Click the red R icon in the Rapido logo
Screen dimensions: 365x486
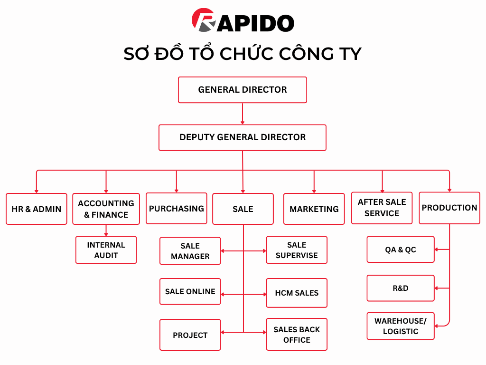[202, 21]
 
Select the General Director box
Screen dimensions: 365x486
[242, 90]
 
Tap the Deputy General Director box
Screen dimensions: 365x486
[242, 137]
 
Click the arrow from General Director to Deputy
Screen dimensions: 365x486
[242, 114]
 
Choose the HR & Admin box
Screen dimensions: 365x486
[36, 209]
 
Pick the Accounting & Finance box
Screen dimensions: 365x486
[106, 209]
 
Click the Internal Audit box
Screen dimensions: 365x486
[106, 250]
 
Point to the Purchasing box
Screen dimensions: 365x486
[176, 208]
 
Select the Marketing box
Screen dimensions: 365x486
[314, 209]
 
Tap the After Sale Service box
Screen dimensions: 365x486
[382, 208]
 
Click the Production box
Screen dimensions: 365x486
[449, 208]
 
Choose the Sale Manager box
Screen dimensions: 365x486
[190, 251]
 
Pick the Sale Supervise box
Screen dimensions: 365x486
[297, 250]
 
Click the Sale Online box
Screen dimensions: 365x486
[190, 291]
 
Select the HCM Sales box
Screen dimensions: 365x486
[297, 293]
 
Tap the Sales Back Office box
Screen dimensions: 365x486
[297, 335]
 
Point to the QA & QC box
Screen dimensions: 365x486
[400, 250]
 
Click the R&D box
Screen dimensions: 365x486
[400, 288]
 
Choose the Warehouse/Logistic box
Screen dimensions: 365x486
[400, 326]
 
